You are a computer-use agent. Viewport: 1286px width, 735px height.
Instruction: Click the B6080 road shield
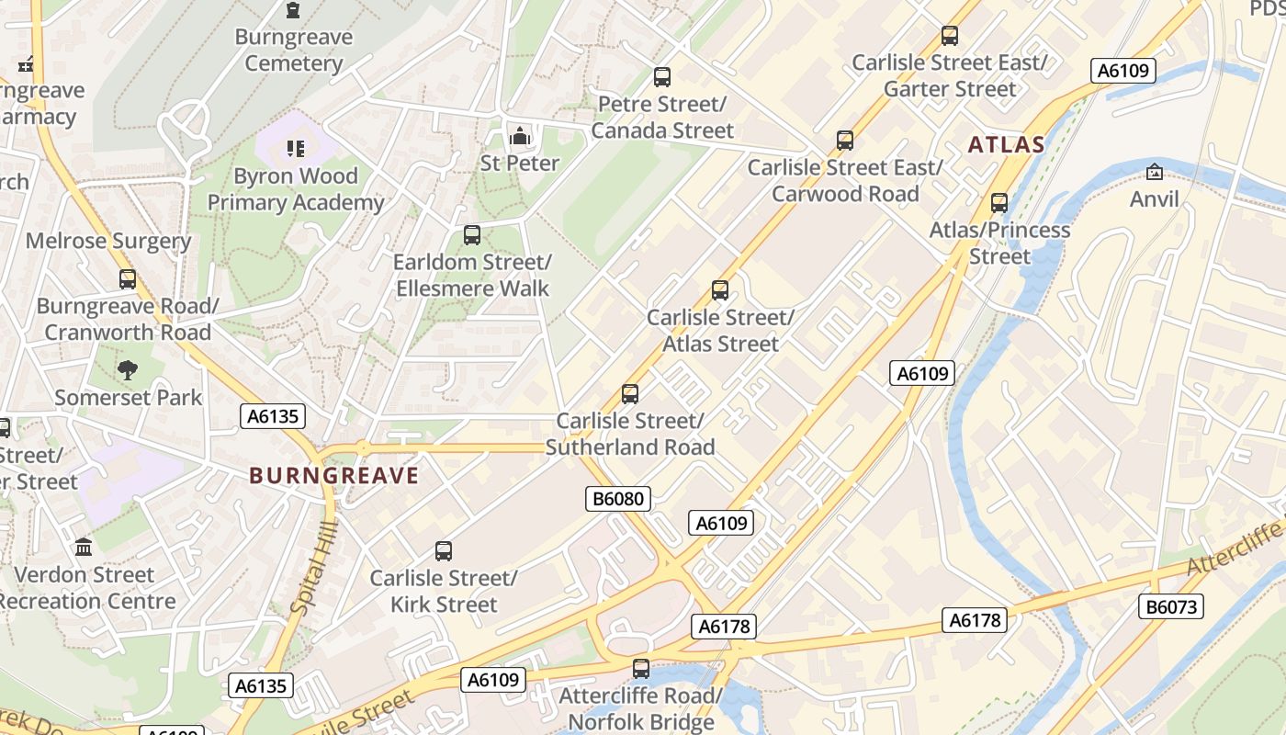click(618, 499)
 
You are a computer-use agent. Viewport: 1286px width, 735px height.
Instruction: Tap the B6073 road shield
click(1171, 606)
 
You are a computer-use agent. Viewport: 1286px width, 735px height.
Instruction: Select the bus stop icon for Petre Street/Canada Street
click(661, 77)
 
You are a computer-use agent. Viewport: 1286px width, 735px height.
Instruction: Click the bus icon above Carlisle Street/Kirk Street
click(444, 551)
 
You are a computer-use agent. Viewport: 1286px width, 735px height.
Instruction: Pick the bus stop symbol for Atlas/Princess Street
click(999, 203)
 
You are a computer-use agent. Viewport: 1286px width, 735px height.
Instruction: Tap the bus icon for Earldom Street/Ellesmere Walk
click(472, 235)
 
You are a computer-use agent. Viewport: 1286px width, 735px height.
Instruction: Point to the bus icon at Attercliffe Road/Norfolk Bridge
click(641, 669)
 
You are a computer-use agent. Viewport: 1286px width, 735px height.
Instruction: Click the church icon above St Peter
click(520, 137)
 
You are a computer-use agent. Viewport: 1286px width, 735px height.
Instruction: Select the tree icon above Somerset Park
click(128, 370)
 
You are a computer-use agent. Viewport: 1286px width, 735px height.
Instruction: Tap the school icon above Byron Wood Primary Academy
click(295, 148)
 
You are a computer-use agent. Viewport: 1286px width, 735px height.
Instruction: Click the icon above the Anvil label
click(1154, 172)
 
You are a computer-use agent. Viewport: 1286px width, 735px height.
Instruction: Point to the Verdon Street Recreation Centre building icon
click(84, 548)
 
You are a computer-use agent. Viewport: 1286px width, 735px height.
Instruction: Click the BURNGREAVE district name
click(333, 476)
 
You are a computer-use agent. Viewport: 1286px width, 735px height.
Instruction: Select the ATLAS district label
click(1006, 144)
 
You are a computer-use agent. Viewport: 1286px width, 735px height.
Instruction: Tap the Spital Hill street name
click(313, 567)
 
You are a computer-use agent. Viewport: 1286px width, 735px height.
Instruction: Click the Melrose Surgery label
click(108, 241)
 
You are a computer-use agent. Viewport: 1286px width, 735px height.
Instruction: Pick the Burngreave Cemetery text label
click(294, 51)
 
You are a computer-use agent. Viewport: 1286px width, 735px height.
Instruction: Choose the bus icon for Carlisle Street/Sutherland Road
click(630, 394)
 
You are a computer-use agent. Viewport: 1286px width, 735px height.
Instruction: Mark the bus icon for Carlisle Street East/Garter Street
click(950, 36)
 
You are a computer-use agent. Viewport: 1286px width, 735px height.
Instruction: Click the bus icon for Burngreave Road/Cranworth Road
click(128, 279)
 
